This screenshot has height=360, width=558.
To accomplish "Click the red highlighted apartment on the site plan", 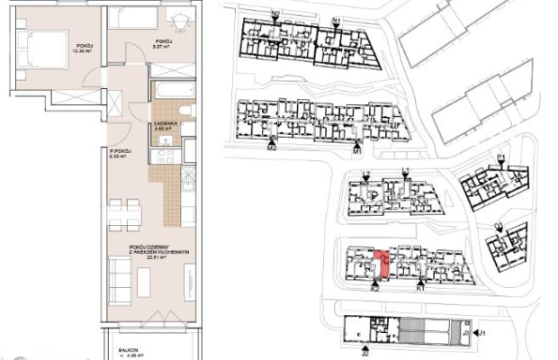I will [x=382, y=263].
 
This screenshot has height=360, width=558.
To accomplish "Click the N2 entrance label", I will [x=274, y=14].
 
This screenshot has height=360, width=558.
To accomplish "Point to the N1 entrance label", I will [x=336, y=20].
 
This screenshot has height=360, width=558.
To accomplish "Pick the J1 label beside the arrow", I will [x=481, y=333].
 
